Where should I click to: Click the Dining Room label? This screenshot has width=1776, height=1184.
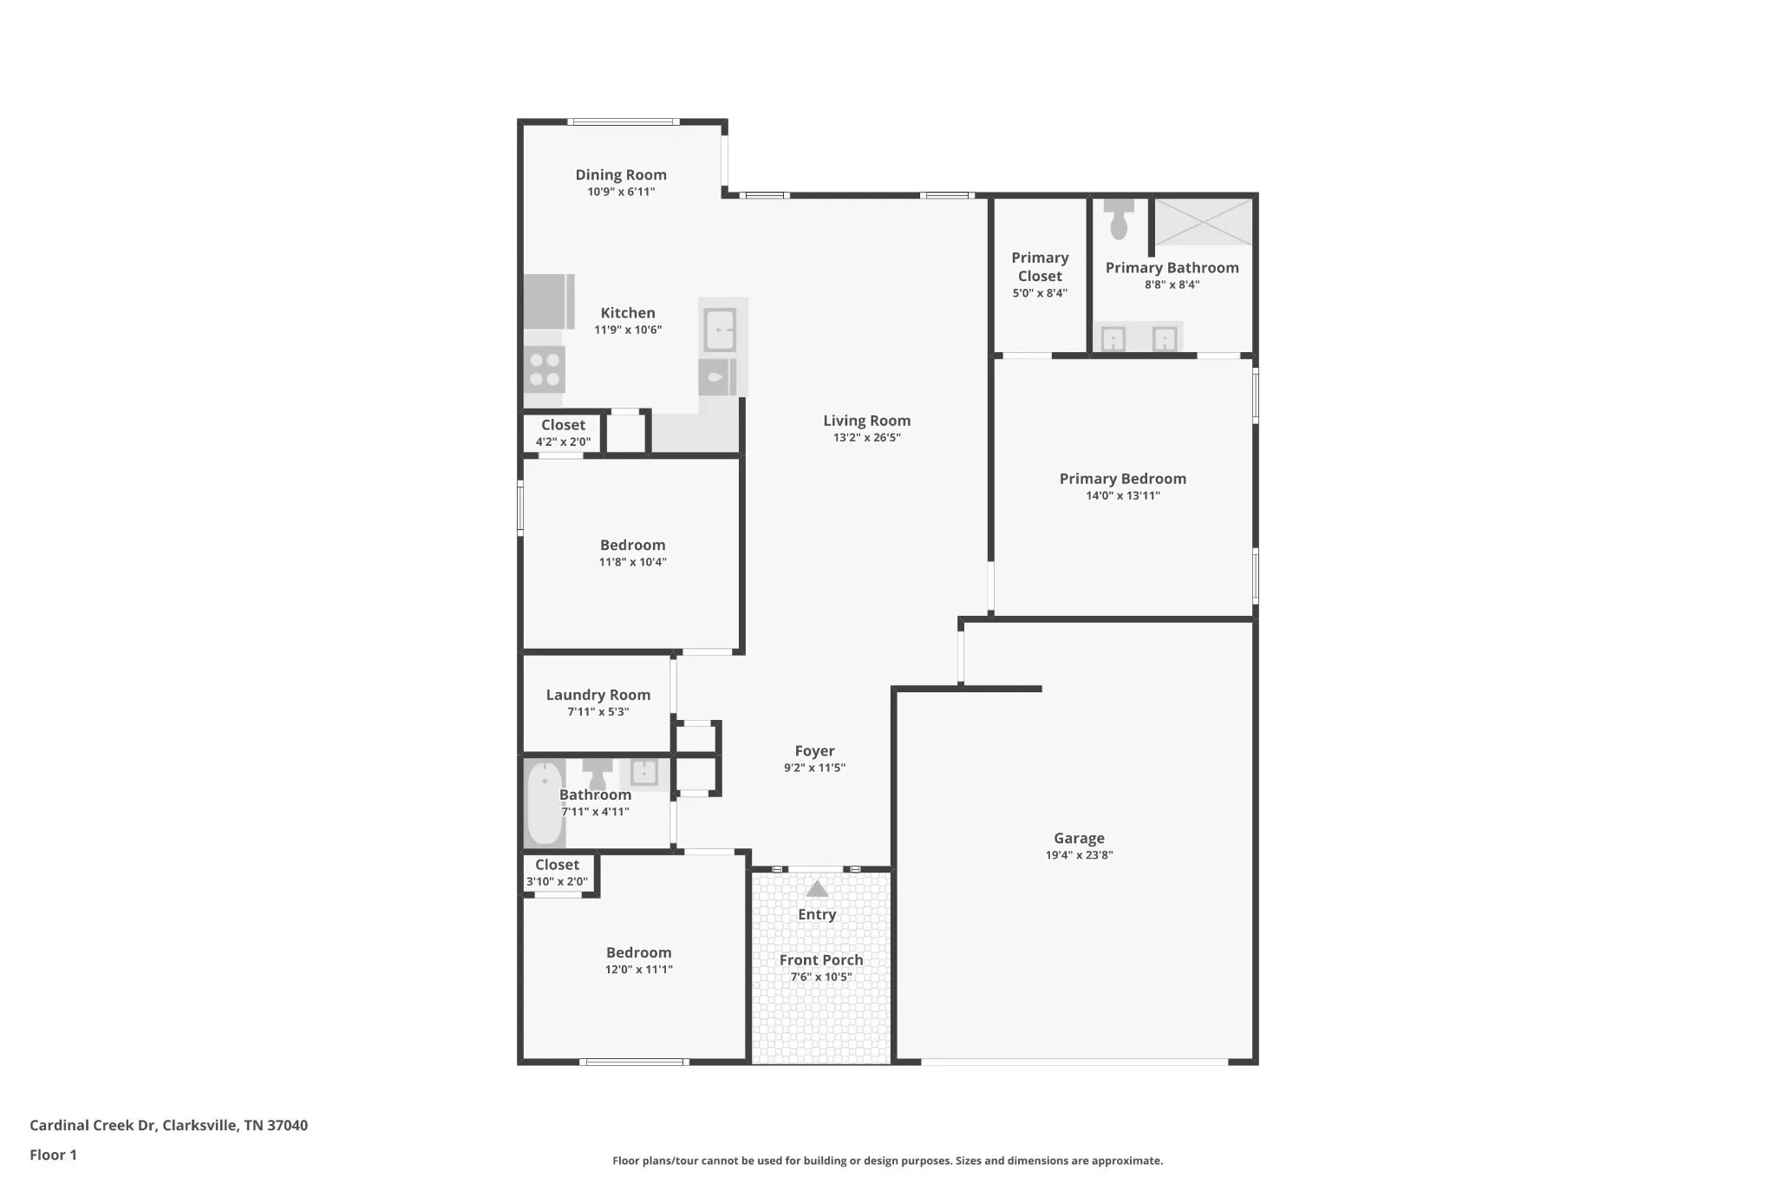(x=621, y=174)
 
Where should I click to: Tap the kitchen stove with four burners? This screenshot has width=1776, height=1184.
(x=545, y=370)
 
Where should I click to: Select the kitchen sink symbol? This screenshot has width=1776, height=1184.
(x=720, y=330)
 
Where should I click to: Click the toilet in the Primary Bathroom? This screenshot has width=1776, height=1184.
(x=1119, y=219)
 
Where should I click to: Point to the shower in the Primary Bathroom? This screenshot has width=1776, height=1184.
(x=1204, y=221)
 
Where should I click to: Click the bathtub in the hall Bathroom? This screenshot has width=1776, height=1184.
(x=545, y=803)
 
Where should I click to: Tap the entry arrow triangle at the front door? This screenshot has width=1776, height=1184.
(x=817, y=889)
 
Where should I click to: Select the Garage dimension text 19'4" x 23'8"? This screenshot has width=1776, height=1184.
(x=1079, y=855)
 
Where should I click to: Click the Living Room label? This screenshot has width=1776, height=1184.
(x=867, y=421)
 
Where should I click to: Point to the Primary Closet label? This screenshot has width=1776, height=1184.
(x=1040, y=267)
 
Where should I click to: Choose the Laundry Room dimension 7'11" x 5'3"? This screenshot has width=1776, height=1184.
(x=598, y=712)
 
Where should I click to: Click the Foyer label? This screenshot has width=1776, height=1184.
(x=815, y=751)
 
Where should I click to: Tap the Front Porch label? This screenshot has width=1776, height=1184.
(x=821, y=960)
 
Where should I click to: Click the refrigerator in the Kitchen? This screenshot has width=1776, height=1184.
(x=549, y=302)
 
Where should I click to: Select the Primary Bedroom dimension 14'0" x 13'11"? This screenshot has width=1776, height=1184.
(x=1123, y=496)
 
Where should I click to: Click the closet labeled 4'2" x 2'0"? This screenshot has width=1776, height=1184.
(x=563, y=433)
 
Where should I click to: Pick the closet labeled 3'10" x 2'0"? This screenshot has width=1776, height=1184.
(x=558, y=873)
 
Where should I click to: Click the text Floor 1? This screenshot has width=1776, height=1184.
(x=53, y=1155)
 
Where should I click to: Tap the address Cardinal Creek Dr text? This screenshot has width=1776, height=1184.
(x=93, y=1125)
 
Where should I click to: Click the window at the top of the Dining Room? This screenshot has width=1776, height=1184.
(x=624, y=122)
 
